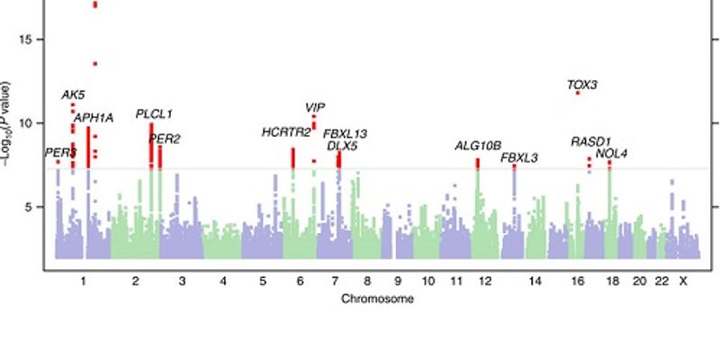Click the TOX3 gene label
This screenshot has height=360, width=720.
[x=582, y=85]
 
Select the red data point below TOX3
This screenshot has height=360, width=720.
[x=578, y=93]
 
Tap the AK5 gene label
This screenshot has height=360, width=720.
[x=73, y=94]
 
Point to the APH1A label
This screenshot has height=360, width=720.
[x=94, y=118]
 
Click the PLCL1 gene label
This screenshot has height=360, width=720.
[x=154, y=114]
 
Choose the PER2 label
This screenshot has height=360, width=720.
[x=164, y=138]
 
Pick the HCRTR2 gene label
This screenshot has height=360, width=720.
[x=286, y=132]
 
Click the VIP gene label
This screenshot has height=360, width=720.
[x=315, y=107]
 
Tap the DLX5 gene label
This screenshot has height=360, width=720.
[x=343, y=145]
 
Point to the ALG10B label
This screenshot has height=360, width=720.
[x=478, y=145]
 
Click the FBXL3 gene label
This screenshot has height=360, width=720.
[x=519, y=157]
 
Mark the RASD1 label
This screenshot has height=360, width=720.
[x=591, y=141]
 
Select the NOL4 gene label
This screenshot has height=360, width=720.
[x=611, y=153]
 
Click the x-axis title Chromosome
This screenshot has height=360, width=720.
[x=377, y=298]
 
